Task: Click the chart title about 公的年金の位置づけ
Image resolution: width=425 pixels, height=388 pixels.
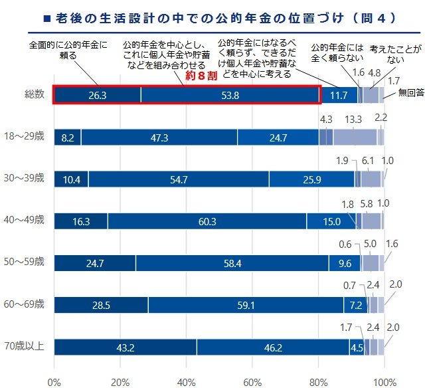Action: (212, 17)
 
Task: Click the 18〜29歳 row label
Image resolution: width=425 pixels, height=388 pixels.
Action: (27, 137)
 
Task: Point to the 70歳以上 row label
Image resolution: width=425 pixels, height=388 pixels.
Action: (27, 345)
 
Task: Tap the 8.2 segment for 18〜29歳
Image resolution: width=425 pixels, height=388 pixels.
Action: (67, 138)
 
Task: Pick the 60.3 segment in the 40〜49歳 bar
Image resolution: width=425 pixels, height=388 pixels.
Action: (207, 221)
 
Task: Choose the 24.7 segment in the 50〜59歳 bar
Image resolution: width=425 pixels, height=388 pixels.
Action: (94, 263)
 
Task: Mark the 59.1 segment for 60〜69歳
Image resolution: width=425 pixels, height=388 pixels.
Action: (245, 304)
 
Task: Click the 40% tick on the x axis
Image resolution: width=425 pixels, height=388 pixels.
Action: (186, 381)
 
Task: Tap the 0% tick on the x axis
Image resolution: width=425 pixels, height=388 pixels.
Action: (54, 381)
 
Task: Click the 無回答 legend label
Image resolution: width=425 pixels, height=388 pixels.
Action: (410, 94)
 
